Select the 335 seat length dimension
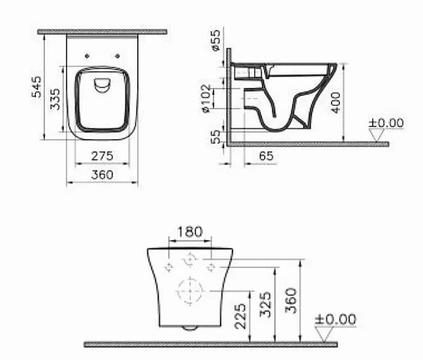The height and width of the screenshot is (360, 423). tap(55, 99)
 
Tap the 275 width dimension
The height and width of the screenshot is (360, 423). tap(102, 156)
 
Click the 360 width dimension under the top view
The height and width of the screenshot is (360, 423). tap(102, 175)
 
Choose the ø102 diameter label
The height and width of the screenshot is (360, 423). tap(207, 98)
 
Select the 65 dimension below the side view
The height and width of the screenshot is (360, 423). tap(266, 156)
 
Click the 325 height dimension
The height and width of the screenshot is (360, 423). tap(266, 305)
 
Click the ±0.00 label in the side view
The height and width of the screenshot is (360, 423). tap(386, 123)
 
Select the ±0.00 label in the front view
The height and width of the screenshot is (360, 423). tap(335, 320)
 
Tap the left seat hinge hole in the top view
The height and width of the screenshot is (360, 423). tap(87, 56)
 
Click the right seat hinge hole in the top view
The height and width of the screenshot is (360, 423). tap(118, 56)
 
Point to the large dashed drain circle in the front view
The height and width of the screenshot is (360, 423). tap(190, 291)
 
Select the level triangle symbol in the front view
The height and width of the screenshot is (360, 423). tap(324, 333)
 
